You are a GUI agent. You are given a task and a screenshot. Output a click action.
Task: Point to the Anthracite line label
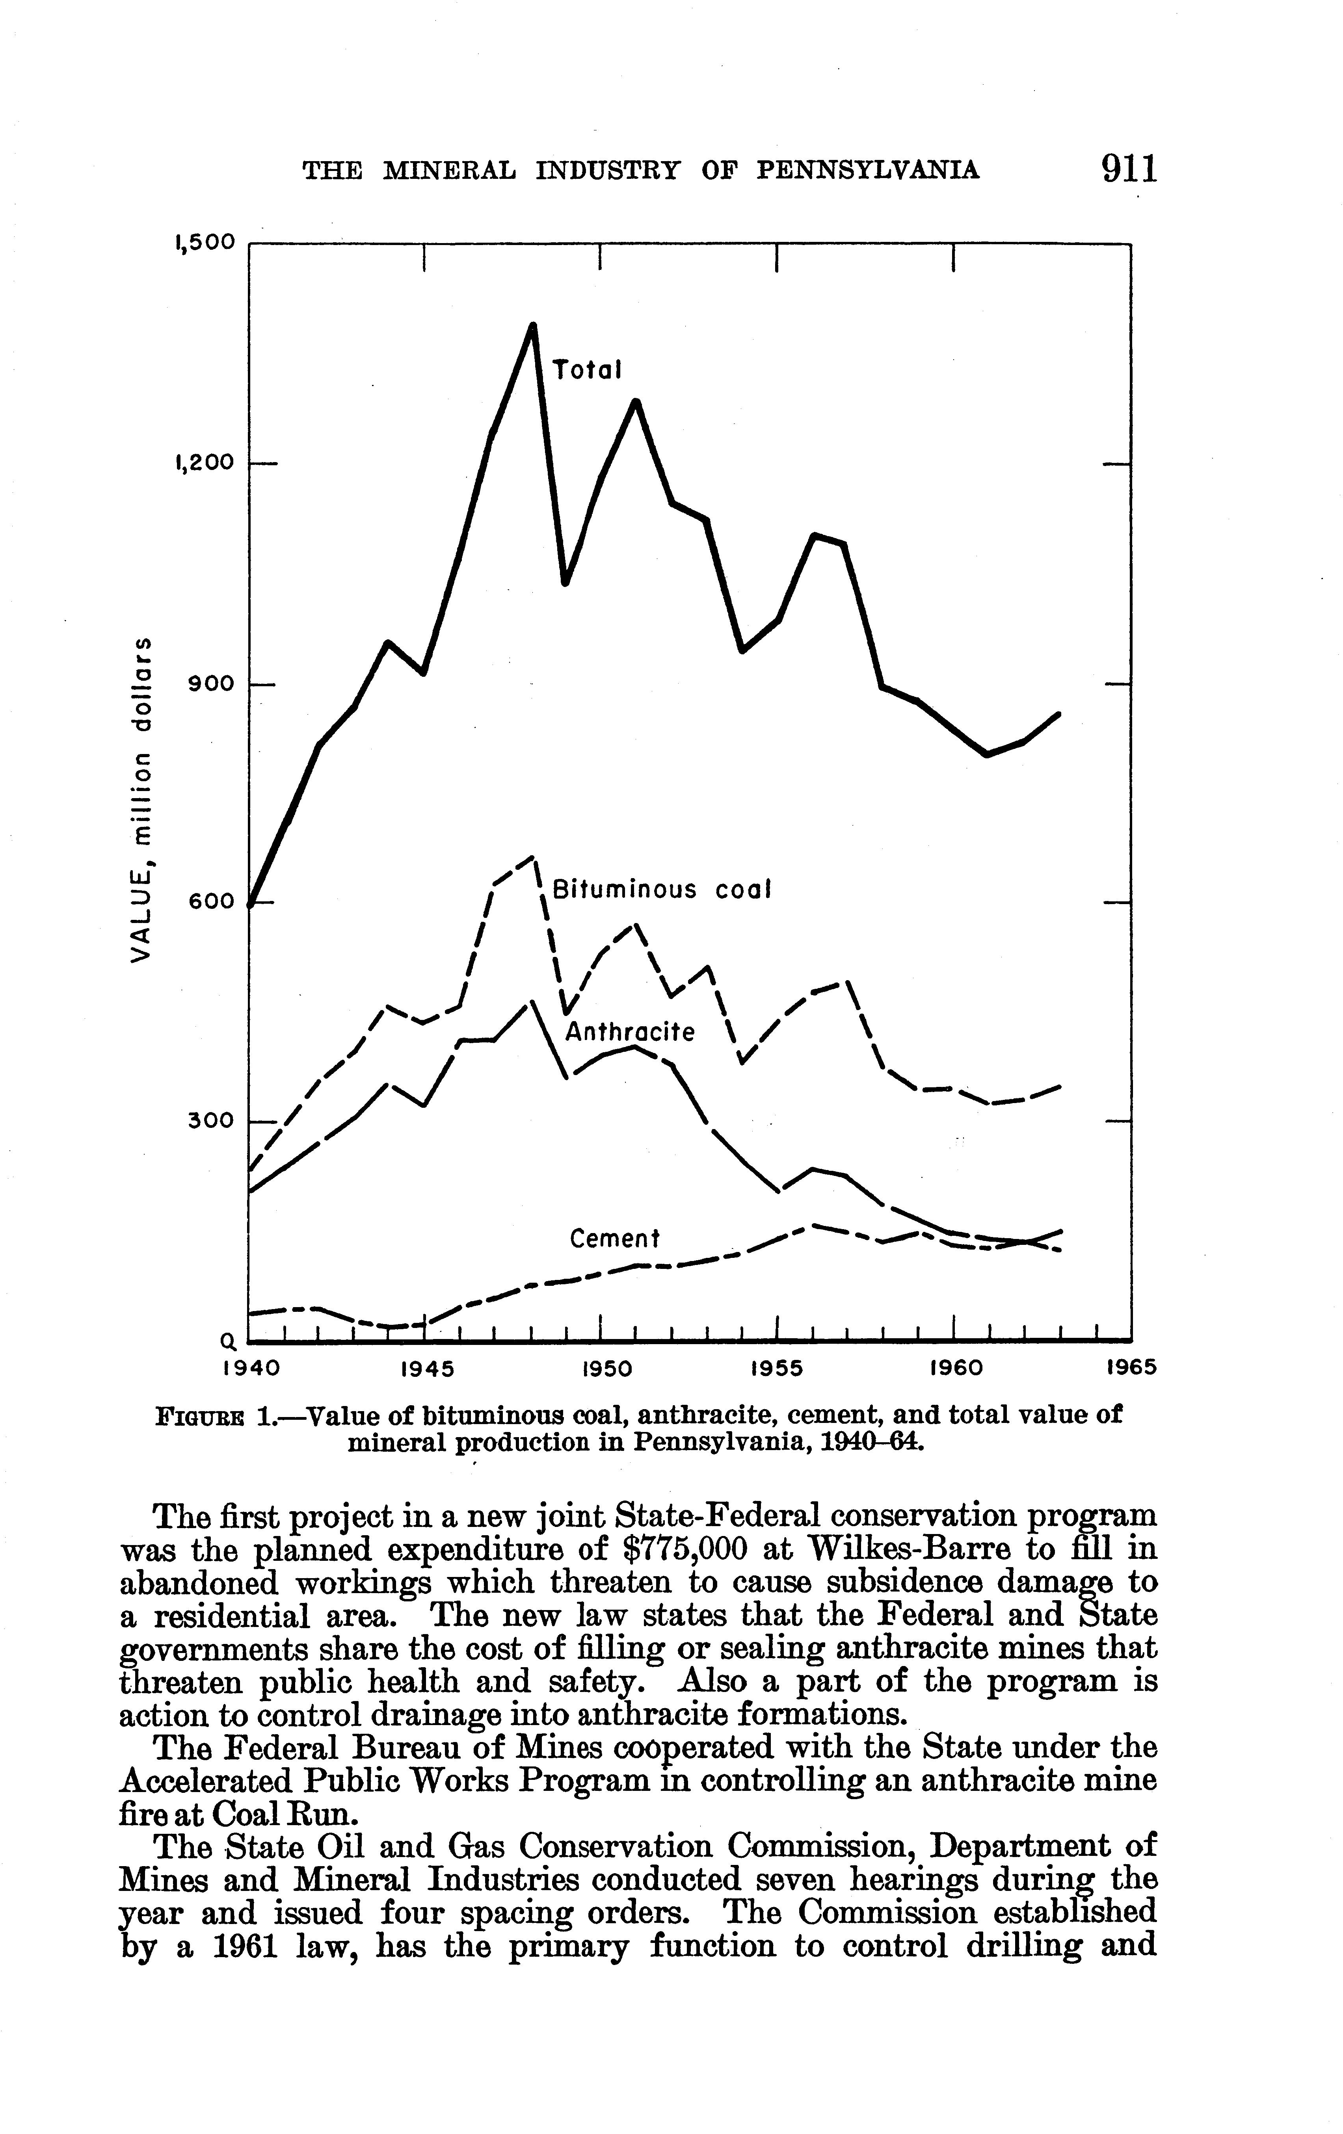tap(629, 1032)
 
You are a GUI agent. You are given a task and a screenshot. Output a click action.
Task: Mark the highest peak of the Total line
tap(533, 325)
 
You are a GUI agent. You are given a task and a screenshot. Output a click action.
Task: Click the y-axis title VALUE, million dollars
tap(140, 798)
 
